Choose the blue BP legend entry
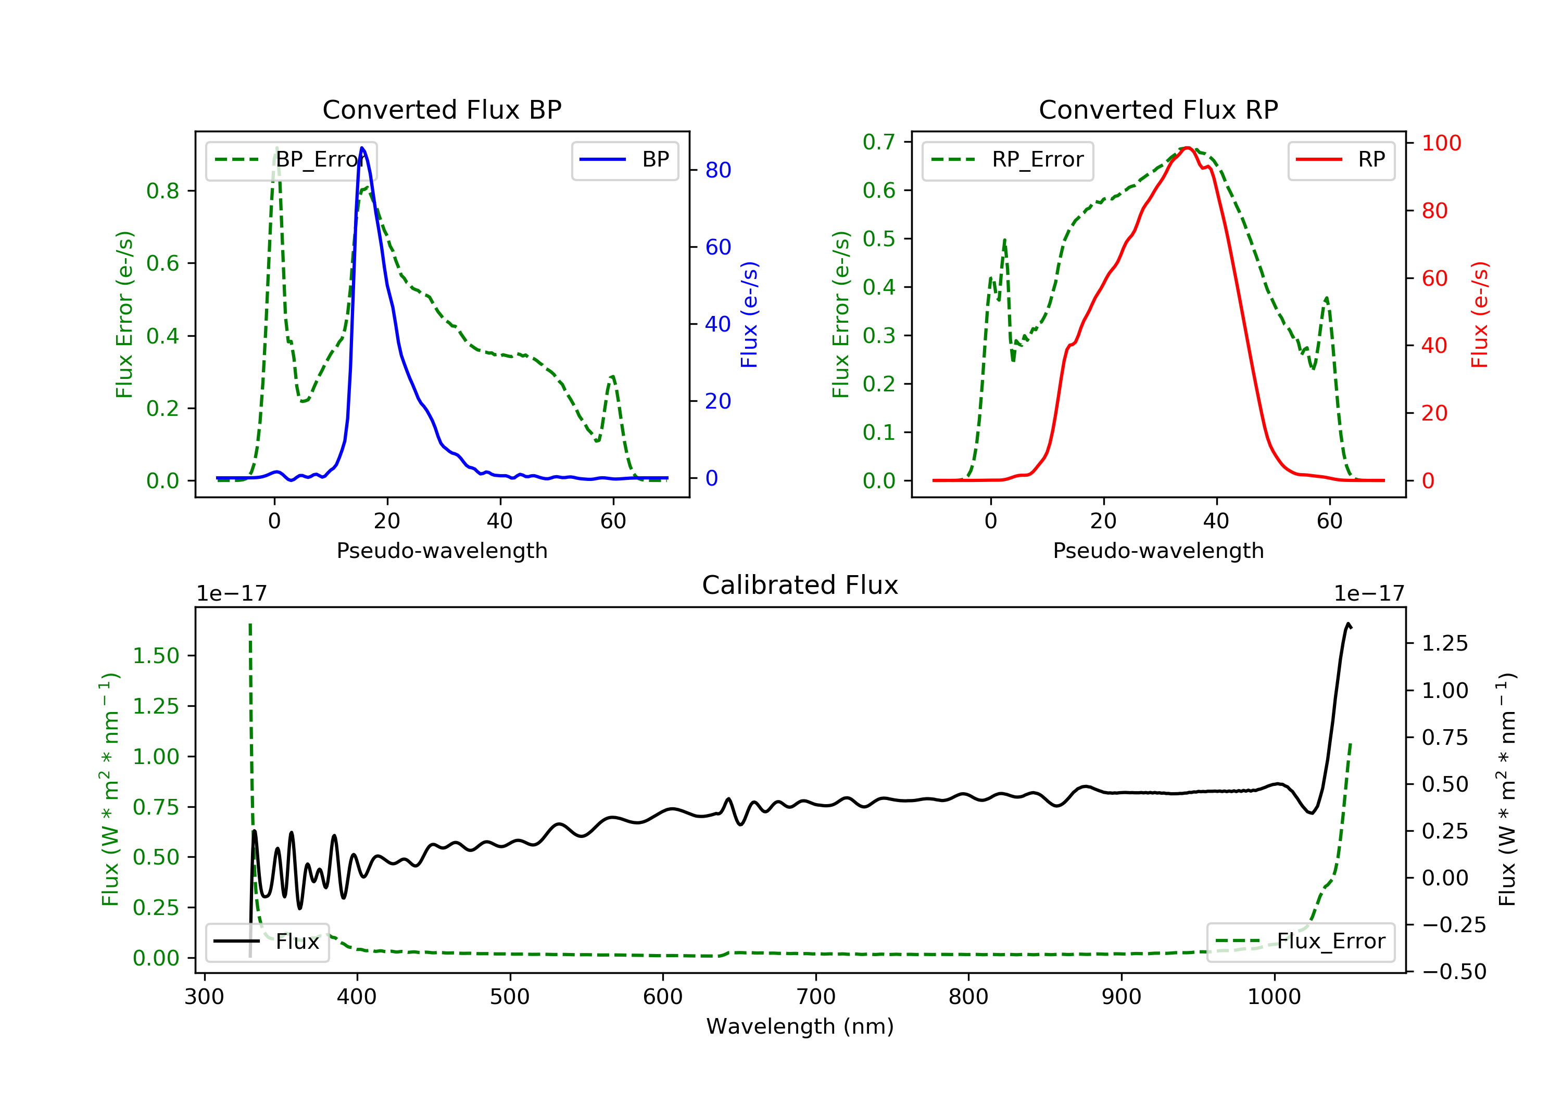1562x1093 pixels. [624, 160]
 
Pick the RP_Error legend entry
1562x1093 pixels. [1007, 160]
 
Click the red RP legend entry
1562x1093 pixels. [1341, 160]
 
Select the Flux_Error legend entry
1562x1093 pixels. [1300, 942]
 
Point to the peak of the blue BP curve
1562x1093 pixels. [362, 148]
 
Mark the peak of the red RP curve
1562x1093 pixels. [1187, 148]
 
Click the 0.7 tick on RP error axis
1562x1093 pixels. [878, 142]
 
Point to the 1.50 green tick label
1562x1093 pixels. [155, 656]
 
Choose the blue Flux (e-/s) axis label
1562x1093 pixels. [749, 314]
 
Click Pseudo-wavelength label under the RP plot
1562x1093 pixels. [1158, 550]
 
